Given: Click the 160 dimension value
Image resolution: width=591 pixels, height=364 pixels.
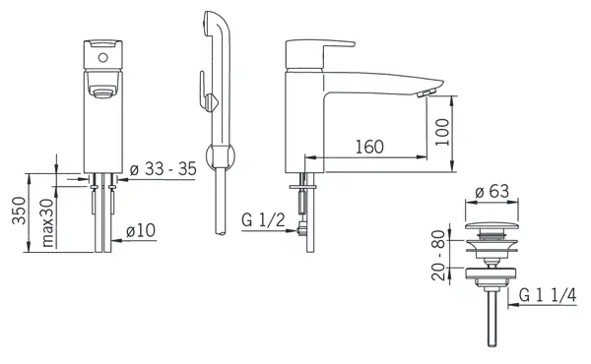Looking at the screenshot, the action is tap(369, 147).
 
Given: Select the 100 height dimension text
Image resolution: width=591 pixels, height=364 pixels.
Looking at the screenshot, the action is tap(442, 132).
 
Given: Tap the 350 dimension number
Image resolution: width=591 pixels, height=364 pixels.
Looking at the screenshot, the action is tap(19, 211).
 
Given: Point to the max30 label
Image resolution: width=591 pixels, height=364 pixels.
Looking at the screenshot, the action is tap(47, 223).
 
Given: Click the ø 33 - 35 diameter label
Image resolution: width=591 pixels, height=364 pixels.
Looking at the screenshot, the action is tap(164, 169).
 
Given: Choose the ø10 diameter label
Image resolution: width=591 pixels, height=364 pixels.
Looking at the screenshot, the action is tap(141, 230).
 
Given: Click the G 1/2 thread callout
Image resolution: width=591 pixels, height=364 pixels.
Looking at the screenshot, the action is tap(263, 219).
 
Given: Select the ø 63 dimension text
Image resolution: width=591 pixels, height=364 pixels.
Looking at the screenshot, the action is tap(492, 191).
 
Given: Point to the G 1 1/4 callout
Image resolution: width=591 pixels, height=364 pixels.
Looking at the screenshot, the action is tap(548, 295).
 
